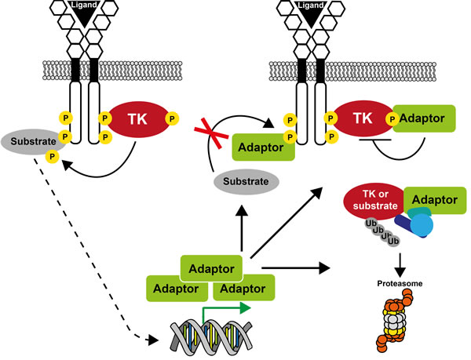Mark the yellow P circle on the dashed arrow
53,156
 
